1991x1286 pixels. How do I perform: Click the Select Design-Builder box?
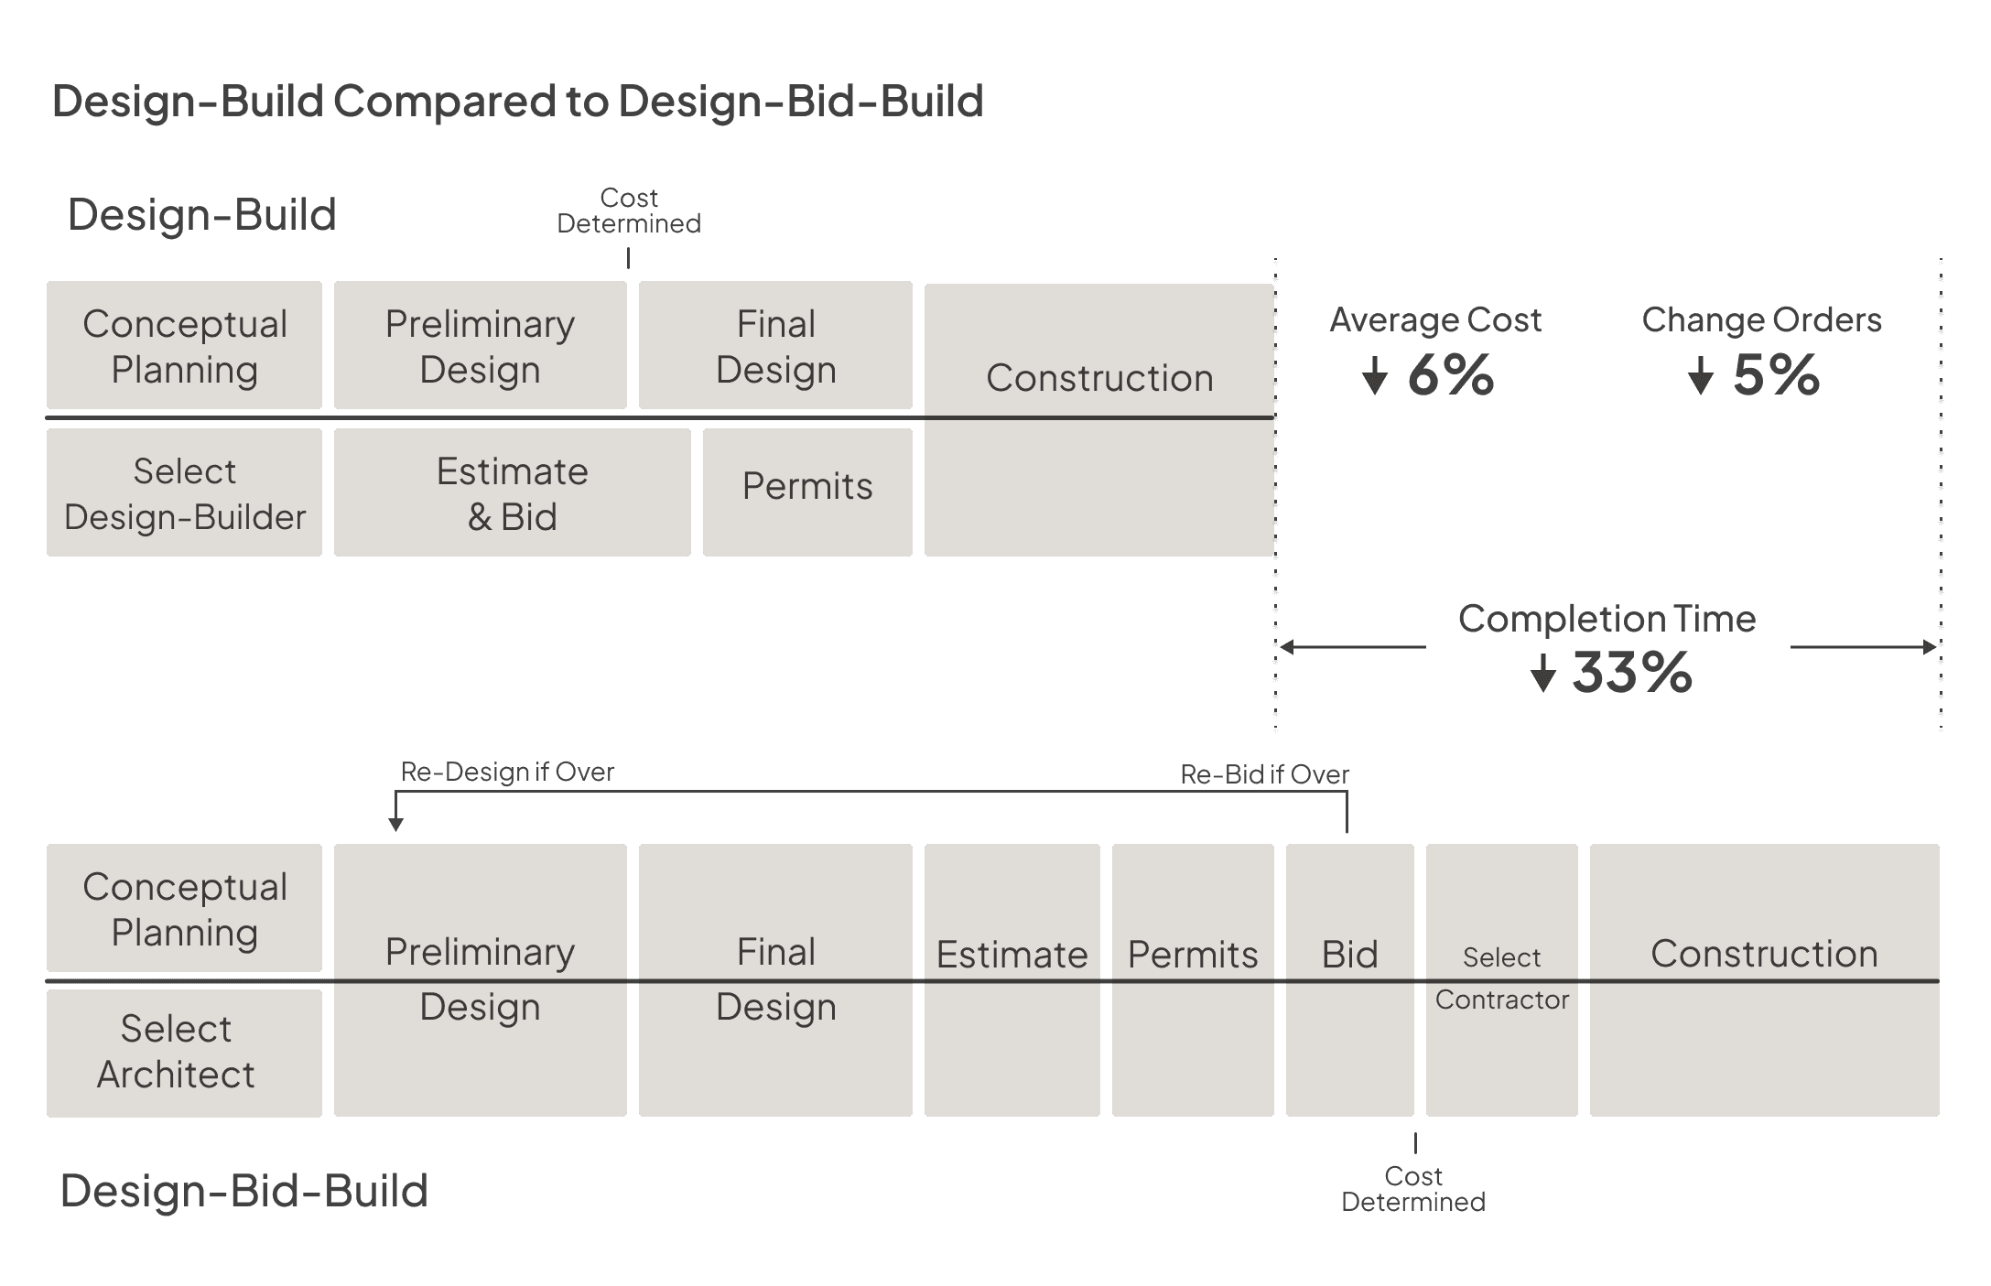pyautogui.click(x=184, y=493)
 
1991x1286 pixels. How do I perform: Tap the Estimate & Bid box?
pyautogui.click(x=512, y=493)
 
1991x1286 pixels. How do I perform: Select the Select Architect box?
pyautogui.click(x=184, y=1053)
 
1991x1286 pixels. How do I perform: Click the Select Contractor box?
pyautogui.click(x=1501, y=979)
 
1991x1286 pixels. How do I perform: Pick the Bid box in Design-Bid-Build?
pyautogui.click(x=1349, y=979)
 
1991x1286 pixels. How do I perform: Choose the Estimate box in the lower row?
pyautogui.click(x=1012, y=979)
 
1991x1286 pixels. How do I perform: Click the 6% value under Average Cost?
pyautogui.click(x=1451, y=374)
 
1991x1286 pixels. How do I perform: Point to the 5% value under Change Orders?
pyautogui.click(x=1776, y=374)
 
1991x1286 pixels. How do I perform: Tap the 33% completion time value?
pyautogui.click(x=1632, y=673)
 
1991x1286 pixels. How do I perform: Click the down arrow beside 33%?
pyautogui.click(x=1543, y=674)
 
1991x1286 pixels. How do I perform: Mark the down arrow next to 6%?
pyautogui.click(x=1374, y=375)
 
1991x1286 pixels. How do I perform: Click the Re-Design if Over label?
pyautogui.click(x=508, y=772)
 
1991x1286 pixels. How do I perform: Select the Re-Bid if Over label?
pyautogui.click(x=1264, y=774)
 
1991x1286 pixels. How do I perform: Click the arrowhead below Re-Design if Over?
pyautogui.click(x=395, y=824)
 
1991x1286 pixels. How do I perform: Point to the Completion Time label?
pyautogui.click(x=1607, y=619)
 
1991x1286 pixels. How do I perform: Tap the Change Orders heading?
pyautogui.click(x=1761, y=319)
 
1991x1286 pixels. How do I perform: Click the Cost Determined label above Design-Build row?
pyautogui.click(x=629, y=211)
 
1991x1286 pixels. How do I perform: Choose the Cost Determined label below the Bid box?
pyautogui.click(x=1413, y=1189)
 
